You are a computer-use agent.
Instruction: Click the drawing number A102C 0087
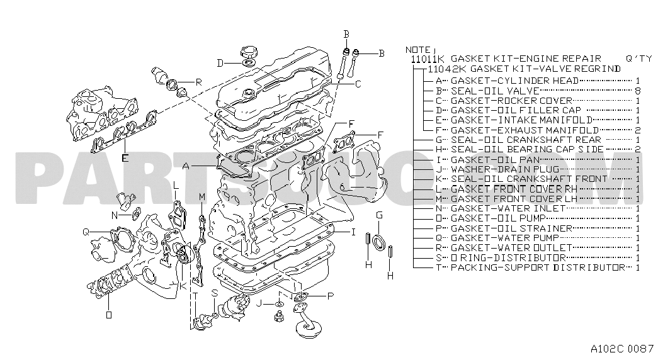click(621, 348)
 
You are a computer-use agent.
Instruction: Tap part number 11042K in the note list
click(447, 68)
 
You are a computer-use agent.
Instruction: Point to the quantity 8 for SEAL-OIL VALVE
click(638, 91)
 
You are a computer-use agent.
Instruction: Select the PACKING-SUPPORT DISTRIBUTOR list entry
click(538, 267)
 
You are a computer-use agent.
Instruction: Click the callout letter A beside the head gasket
click(186, 166)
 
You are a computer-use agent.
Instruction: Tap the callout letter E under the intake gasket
click(125, 158)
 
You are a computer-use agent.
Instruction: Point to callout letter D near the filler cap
click(220, 62)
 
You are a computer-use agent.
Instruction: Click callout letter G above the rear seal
click(379, 215)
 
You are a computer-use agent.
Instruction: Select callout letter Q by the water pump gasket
click(86, 232)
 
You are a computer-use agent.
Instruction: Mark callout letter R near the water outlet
click(198, 82)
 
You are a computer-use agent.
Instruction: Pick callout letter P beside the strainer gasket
click(330, 295)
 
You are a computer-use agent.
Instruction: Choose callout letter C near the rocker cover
click(358, 84)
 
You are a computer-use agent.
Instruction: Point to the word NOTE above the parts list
click(417, 49)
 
